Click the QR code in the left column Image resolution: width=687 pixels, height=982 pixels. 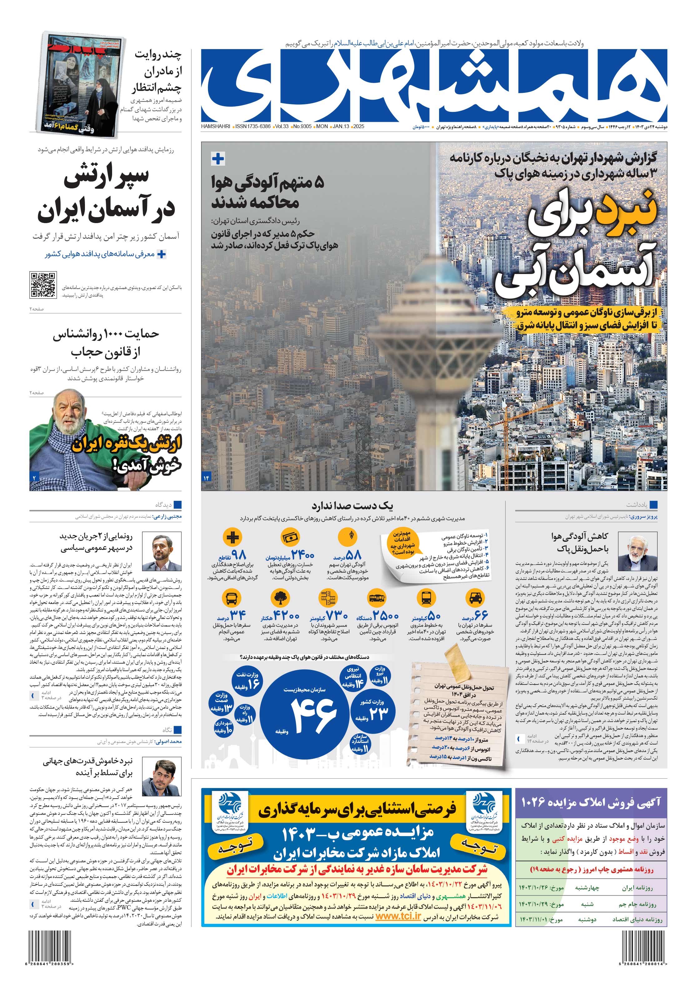pyautogui.click(x=43, y=284)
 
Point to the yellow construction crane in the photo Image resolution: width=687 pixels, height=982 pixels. pyautogui.click(x=509, y=428)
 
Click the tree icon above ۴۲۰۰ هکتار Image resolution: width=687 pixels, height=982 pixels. pyautogui.click(x=280, y=597)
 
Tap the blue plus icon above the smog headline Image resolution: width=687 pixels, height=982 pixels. pyautogui.click(x=218, y=159)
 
